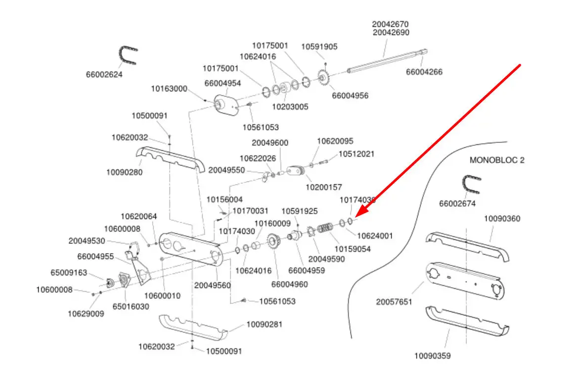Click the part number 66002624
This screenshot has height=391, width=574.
[x=104, y=75]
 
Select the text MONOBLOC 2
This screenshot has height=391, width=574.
[x=496, y=160]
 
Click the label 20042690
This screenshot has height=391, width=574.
[x=391, y=32]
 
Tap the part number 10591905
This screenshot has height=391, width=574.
[x=319, y=46]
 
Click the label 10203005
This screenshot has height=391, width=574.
[x=290, y=106]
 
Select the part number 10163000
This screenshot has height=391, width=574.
[x=169, y=89]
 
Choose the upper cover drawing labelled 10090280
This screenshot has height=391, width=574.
[x=171, y=159]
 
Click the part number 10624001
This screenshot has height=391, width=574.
[x=375, y=236]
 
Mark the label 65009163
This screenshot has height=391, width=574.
[x=69, y=272]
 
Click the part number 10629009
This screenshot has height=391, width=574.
[x=86, y=313]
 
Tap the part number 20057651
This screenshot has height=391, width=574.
[x=394, y=302]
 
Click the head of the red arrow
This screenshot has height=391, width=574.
[x=356, y=216]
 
